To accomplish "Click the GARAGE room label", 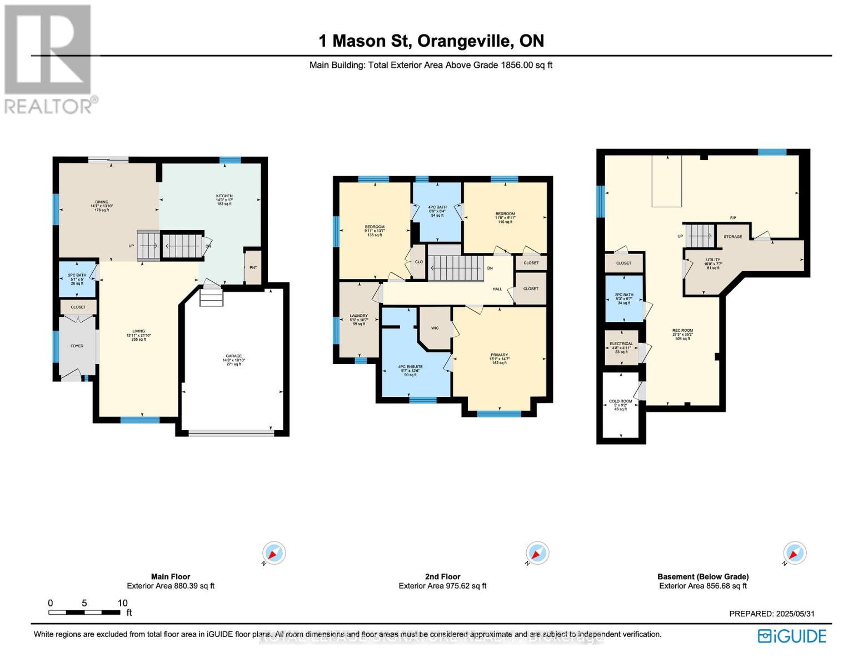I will pos(233,356).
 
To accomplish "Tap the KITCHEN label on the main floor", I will pos(225,196).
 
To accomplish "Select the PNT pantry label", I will pos(253,267).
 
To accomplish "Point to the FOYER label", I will pos(77,346).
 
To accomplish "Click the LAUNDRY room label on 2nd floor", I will pos(359,316).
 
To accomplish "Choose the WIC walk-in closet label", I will pos(435,328).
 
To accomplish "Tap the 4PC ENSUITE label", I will pos(411,367).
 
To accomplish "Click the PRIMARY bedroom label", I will pos(499,355).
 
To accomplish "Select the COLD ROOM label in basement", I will pos(621,401).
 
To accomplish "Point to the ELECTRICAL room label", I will pos(621,344).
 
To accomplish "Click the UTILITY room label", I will pos(713,260).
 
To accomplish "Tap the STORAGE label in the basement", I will pos(732,237).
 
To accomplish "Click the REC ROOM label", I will pos(683,331).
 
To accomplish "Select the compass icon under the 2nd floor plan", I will pos(537,553).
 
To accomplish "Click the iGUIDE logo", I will pos(792,636).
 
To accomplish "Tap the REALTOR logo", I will pos(49,59).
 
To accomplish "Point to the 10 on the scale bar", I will pos(122,603).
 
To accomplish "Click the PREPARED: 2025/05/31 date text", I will pos(771,614).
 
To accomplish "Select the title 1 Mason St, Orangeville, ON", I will pos(431,41).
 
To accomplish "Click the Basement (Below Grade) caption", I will pos(703,576).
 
